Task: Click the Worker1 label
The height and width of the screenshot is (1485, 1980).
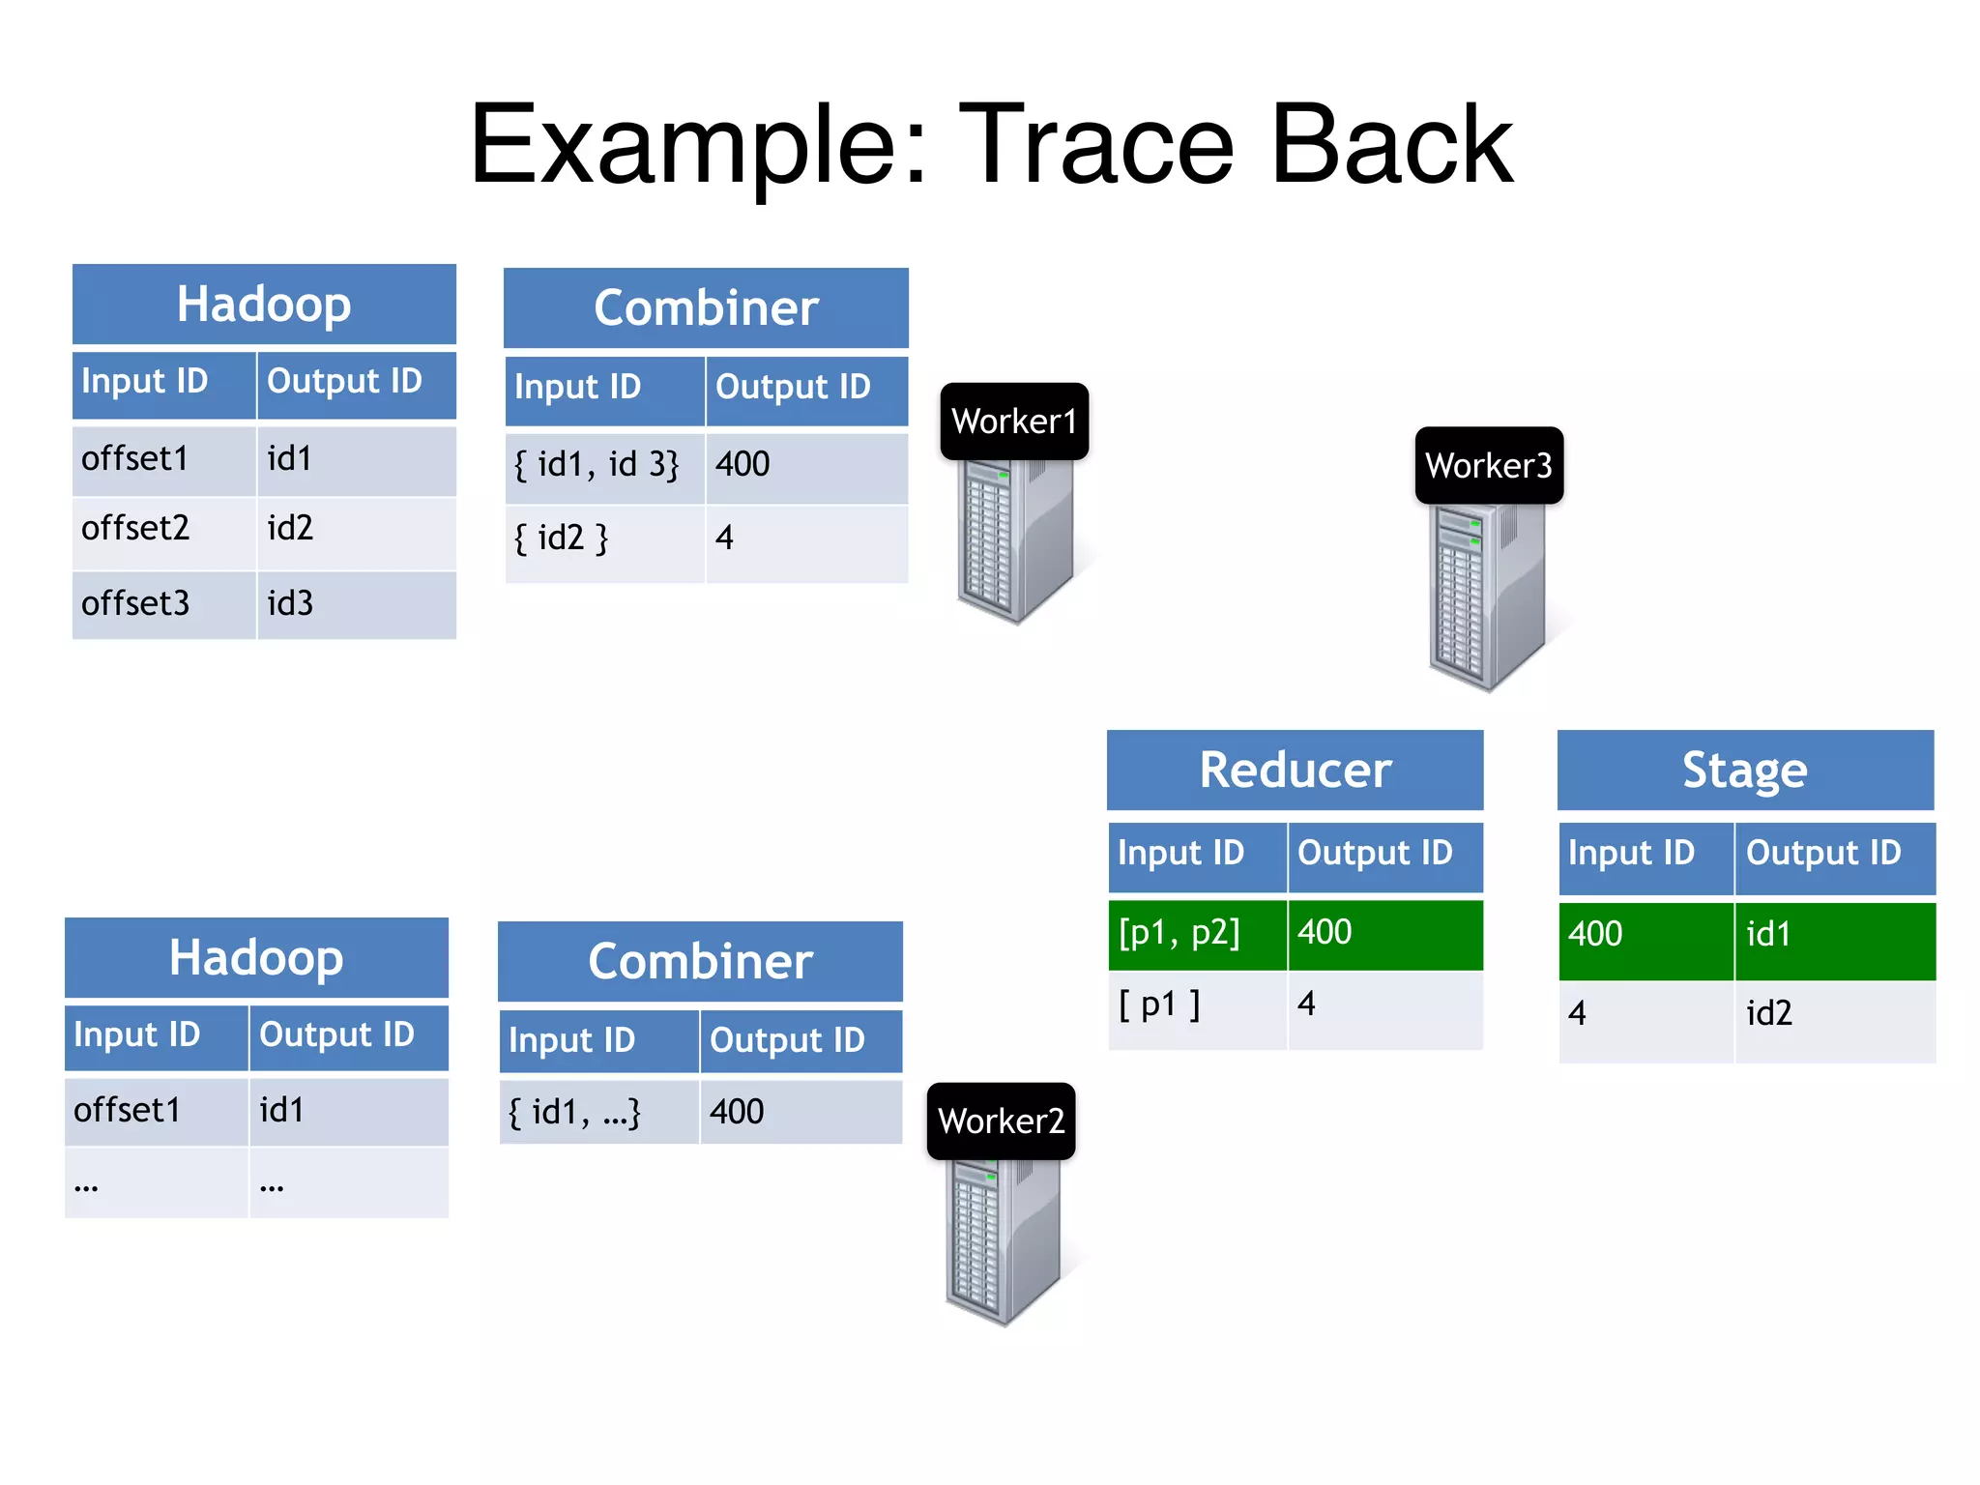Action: click(1014, 422)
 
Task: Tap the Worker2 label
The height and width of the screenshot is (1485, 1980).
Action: click(1001, 1121)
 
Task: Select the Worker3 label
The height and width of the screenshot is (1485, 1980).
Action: click(1489, 465)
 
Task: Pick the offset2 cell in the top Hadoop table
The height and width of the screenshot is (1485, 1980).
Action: click(162, 530)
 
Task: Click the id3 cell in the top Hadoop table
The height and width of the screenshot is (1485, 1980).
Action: click(355, 604)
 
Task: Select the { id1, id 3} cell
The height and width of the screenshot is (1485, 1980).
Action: click(603, 466)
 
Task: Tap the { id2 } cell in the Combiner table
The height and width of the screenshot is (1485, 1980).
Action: click(603, 539)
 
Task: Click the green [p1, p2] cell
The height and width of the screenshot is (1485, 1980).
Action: click(1196, 934)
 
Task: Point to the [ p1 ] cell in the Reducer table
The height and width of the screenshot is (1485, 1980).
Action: click(1196, 1006)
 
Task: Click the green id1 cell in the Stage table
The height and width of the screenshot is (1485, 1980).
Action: click(1833, 936)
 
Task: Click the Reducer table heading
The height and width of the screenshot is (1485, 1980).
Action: click(1295, 771)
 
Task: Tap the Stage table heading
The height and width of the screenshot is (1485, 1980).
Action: click(1744, 771)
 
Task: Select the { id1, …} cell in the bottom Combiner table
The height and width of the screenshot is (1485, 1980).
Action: click(597, 1113)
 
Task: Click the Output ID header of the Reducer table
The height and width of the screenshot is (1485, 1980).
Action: click(1383, 855)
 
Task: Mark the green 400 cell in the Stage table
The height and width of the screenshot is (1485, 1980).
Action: click(1645, 936)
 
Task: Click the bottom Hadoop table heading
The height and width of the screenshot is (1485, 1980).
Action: click(256, 958)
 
